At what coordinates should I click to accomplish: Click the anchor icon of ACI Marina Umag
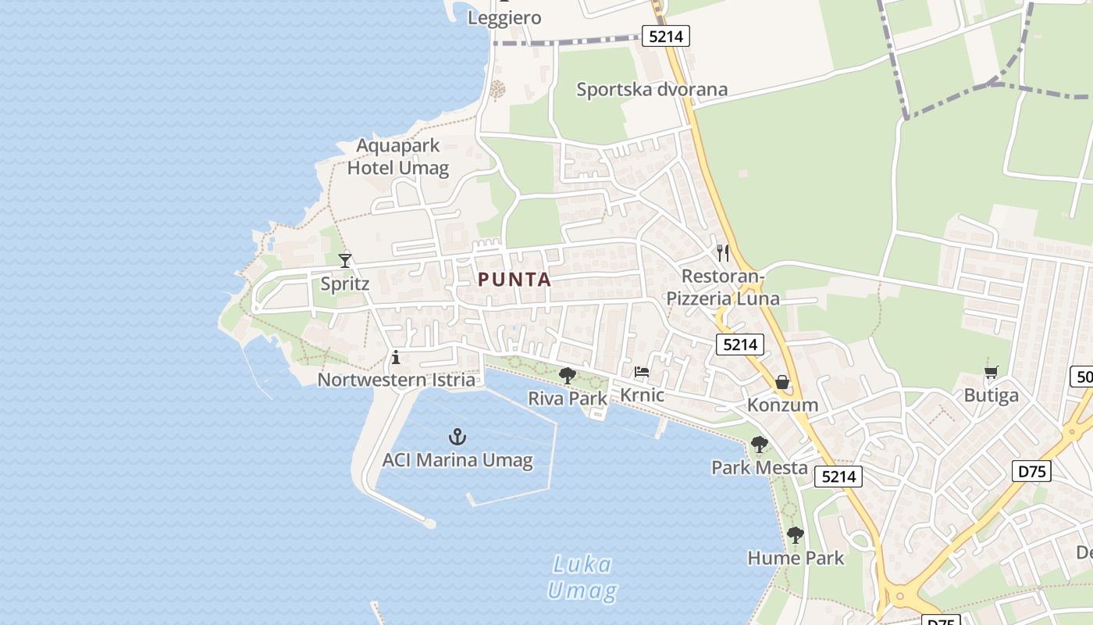point(457,437)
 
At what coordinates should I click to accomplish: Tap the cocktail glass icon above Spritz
point(345,260)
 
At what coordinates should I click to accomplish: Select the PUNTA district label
point(514,279)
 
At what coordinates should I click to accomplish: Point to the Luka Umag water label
point(582,577)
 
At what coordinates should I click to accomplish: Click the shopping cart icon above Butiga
point(992,373)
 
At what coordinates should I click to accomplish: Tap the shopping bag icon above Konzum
point(781,382)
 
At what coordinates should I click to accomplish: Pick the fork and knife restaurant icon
point(723,252)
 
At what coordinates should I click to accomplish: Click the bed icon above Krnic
point(642,372)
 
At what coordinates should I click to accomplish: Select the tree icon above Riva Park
point(568,376)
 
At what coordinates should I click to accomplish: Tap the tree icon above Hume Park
point(795,535)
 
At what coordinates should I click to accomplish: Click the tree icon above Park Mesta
point(759,445)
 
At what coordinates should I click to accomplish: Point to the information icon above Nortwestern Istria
point(396,358)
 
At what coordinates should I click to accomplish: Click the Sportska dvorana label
point(652,89)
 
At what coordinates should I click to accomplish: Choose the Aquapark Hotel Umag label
point(398,156)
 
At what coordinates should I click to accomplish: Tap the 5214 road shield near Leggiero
point(666,35)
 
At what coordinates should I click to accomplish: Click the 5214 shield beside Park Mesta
point(838,476)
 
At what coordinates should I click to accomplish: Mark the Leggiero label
point(504,17)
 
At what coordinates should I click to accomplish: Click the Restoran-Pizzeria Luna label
point(722,287)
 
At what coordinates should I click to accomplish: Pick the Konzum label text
point(782,405)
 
